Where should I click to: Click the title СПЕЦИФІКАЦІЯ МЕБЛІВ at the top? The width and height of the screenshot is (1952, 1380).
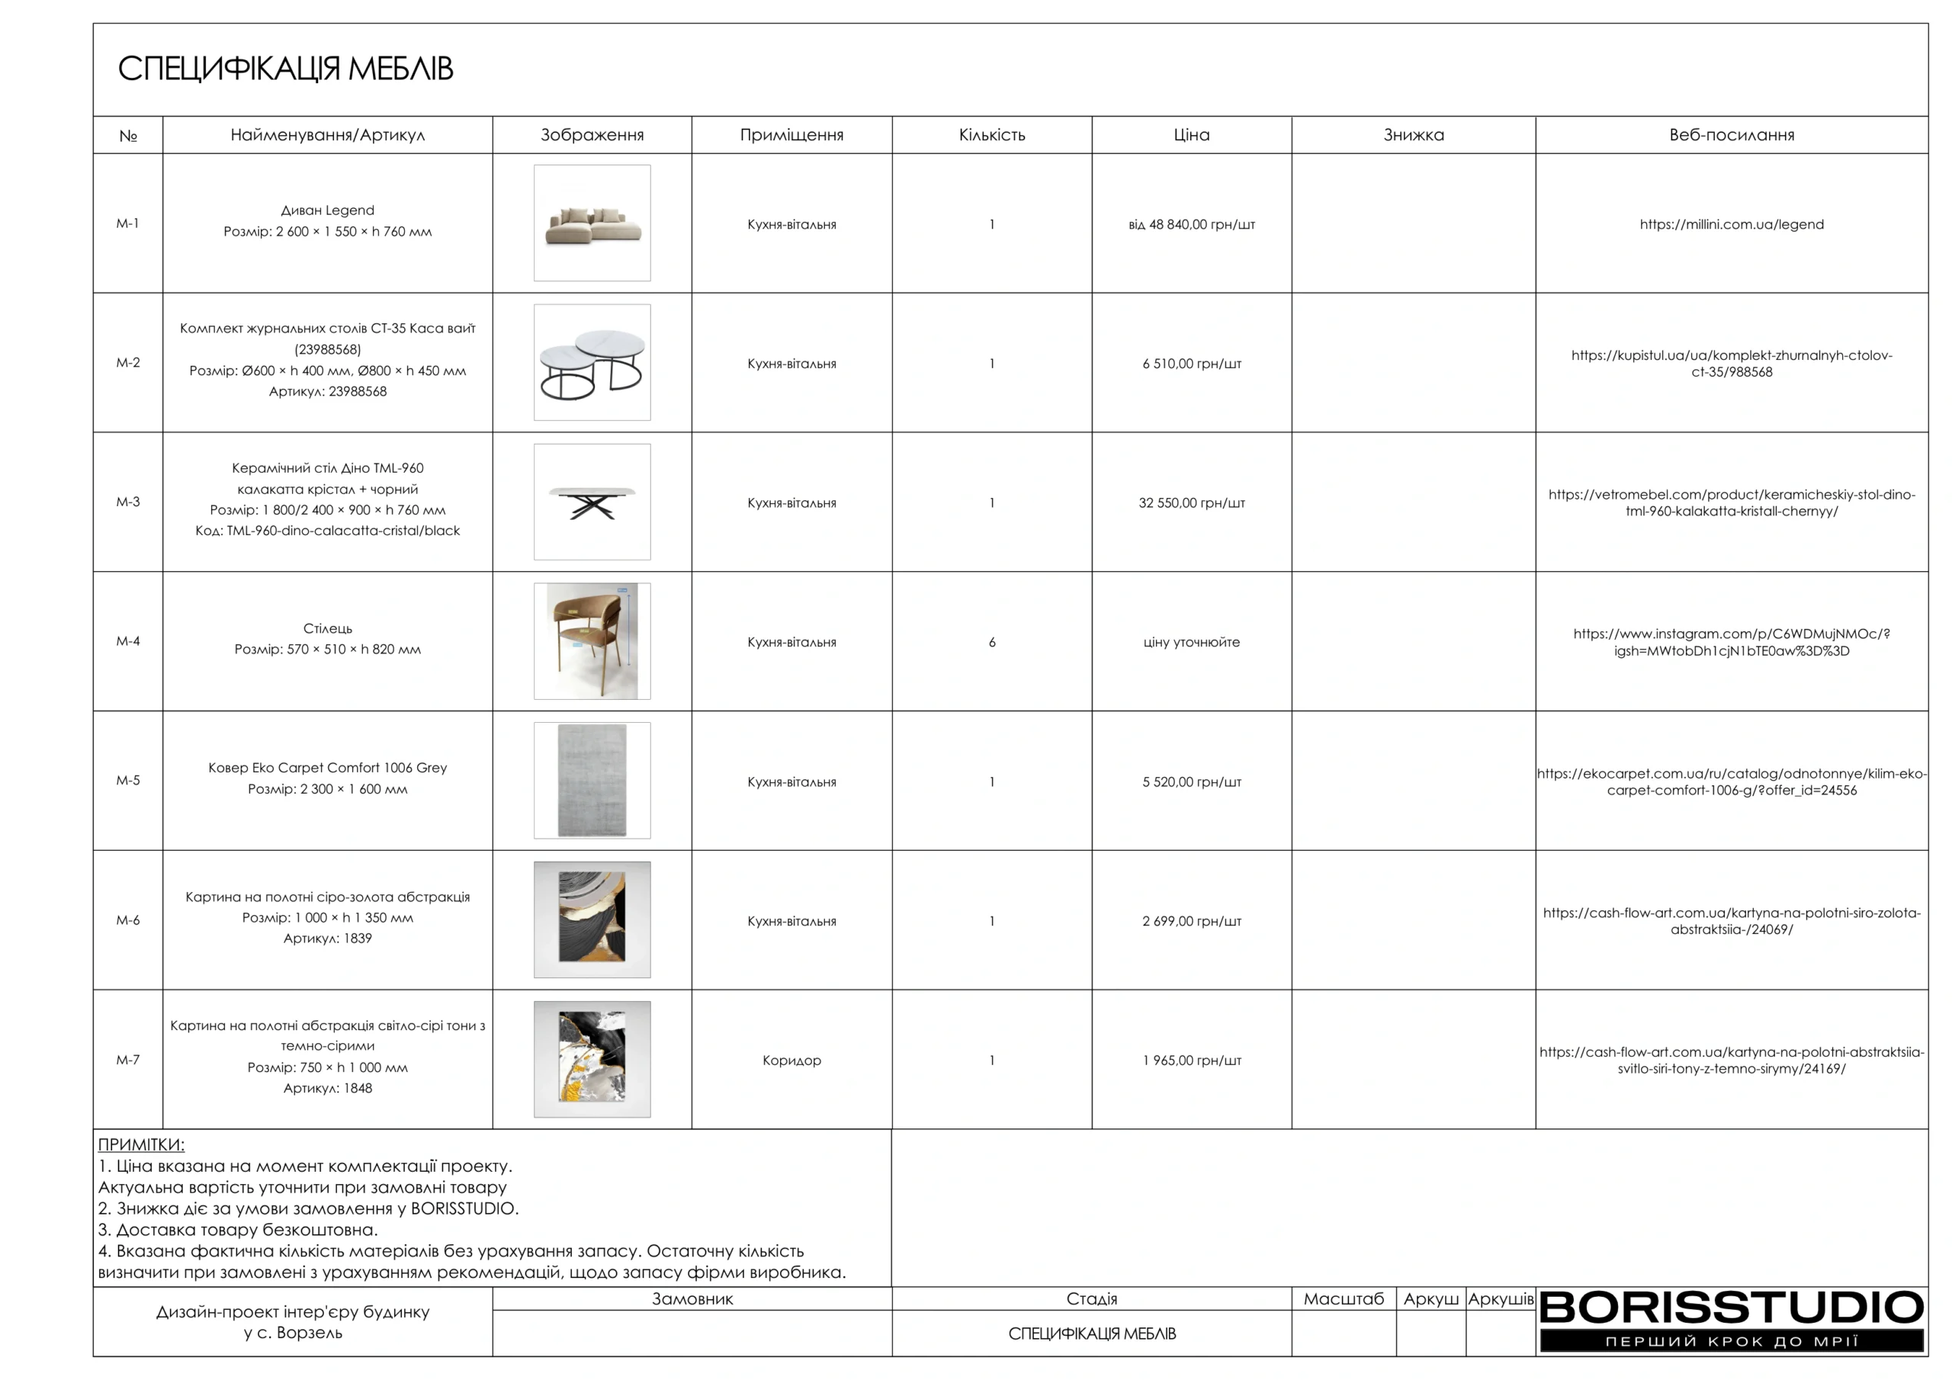285,69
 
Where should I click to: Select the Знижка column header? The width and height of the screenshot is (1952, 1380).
1413,134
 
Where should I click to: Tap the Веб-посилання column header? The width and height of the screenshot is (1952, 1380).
1731,134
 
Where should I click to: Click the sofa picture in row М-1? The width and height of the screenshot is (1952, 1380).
592,223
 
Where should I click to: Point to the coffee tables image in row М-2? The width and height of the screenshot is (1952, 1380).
592,362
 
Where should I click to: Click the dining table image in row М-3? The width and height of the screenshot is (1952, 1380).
592,502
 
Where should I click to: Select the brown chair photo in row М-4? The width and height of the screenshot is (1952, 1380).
592,641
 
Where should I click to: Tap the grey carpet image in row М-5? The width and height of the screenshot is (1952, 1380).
592,781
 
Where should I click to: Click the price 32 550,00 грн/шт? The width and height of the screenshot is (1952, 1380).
1191,502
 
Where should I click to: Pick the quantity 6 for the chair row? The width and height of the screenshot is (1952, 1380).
991,642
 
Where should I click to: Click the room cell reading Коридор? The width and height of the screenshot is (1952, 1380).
791,1061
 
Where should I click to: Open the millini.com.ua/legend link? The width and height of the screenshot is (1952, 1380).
1731,224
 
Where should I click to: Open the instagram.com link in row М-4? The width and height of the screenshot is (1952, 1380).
1731,642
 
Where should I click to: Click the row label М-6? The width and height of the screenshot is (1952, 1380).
127,920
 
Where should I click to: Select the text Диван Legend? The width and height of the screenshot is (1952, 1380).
327,210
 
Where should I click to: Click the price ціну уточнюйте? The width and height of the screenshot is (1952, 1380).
1191,642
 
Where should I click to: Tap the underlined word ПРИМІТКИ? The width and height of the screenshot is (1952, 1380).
141,1144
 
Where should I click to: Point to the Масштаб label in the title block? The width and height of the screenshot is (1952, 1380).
1344,1298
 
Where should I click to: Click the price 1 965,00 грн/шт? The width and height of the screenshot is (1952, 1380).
1191,1061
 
